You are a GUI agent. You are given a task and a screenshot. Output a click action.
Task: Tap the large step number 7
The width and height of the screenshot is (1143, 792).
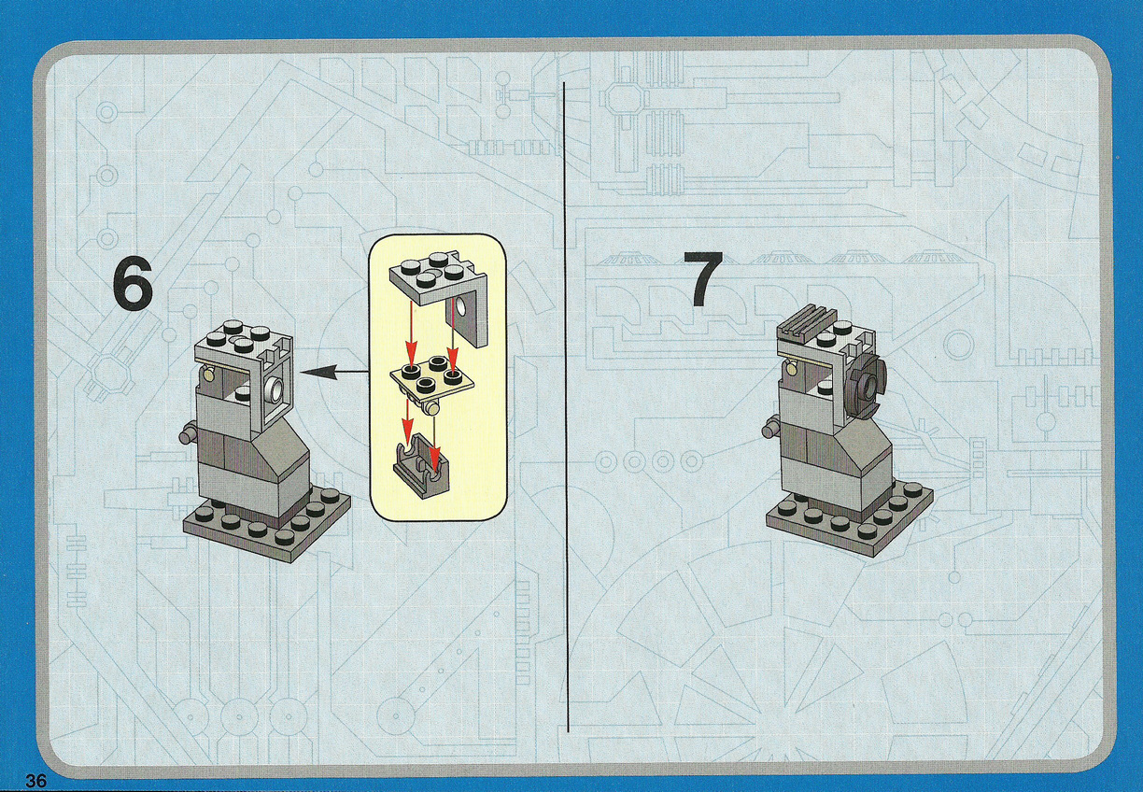point(703,279)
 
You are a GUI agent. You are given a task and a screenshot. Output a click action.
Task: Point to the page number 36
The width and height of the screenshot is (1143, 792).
point(35,781)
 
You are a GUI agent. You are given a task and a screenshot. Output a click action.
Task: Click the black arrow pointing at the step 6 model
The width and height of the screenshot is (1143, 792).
point(334,373)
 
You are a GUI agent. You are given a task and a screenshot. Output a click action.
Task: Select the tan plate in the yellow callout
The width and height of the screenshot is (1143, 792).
point(431,376)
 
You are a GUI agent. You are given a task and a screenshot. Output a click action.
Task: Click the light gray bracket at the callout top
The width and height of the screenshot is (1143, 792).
point(439,293)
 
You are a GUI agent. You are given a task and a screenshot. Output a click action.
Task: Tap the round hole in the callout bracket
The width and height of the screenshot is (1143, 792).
point(462,307)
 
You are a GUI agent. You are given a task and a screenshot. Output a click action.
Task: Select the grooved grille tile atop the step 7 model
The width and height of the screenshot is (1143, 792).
point(804,322)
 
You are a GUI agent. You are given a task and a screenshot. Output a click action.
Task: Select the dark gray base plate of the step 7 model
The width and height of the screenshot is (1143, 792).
point(849,516)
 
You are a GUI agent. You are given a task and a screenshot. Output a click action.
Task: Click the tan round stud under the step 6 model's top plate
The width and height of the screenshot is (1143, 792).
point(208,377)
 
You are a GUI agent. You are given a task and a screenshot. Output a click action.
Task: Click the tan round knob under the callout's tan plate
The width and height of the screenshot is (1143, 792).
point(433,407)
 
